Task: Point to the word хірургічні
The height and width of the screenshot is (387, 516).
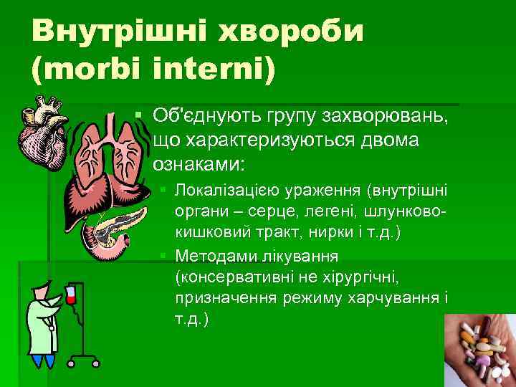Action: (x=352, y=276)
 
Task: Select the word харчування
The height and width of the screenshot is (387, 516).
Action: (x=397, y=296)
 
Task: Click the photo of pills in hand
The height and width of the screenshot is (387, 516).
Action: (x=480, y=351)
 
